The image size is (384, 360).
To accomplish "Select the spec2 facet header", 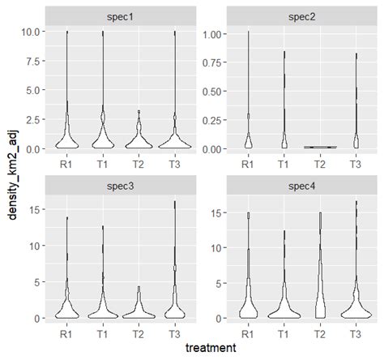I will click(301, 16).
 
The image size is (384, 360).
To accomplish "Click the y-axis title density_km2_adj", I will click(10, 174).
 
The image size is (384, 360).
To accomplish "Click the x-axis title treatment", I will click(210, 348).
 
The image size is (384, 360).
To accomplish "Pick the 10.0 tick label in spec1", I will click(27, 32).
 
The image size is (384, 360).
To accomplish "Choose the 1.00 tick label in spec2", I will click(209, 34).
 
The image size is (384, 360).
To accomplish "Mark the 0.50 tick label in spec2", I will click(209, 92).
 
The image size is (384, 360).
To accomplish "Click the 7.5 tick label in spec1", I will click(29, 62).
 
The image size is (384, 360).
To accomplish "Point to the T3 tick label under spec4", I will click(355, 332).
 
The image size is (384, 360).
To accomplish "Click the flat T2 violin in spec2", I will click(319, 148).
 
